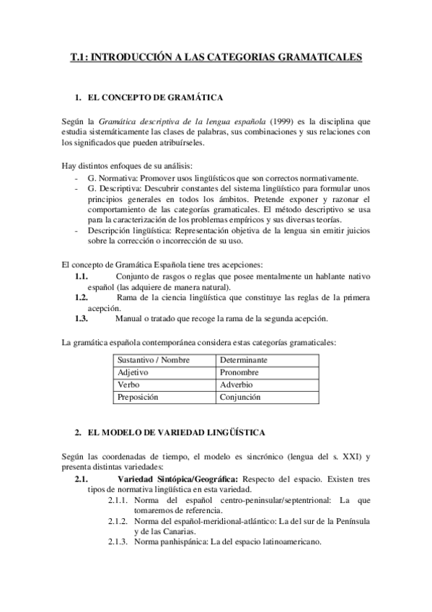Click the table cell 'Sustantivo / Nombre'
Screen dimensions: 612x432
click(x=151, y=359)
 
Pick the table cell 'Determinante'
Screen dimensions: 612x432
click(x=244, y=359)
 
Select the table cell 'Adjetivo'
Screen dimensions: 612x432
click(x=133, y=372)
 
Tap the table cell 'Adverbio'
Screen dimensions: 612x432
click(x=237, y=385)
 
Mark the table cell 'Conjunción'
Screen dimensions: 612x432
click(x=240, y=398)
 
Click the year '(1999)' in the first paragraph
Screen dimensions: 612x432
click(x=281, y=121)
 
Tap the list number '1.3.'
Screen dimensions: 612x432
click(x=81, y=318)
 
